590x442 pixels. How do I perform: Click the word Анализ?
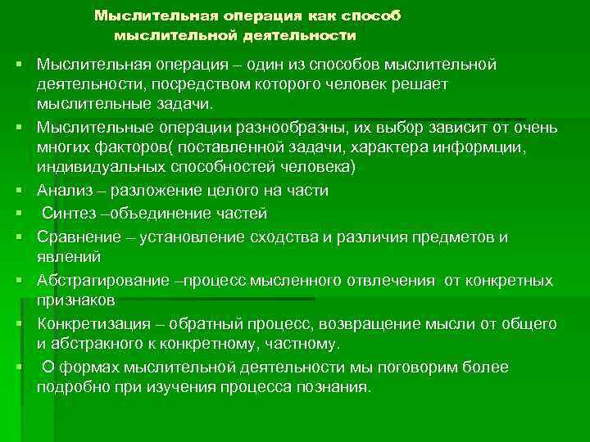pyautogui.click(x=64, y=190)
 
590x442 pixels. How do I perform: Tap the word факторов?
pyautogui.click(x=123, y=147)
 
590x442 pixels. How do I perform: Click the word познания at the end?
pyautogui.click(x=335, y=386)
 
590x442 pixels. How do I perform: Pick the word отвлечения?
pyautogui.click(x=388, y=281)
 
